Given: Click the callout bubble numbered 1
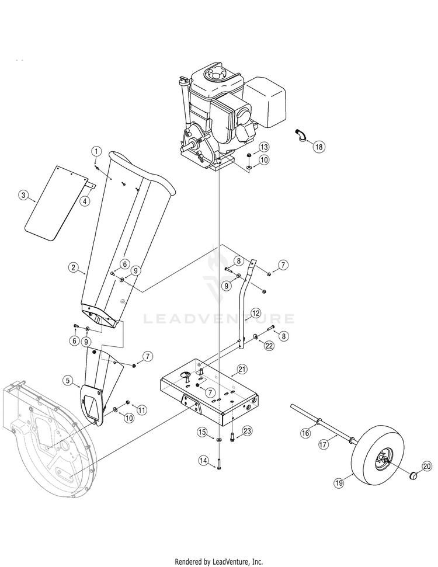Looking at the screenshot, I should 96,151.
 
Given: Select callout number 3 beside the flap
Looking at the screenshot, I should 23,195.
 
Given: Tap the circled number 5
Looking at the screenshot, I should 68,381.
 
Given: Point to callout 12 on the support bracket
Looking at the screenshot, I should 255,313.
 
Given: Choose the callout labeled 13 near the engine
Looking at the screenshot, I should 264,147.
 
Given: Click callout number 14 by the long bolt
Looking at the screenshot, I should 203,460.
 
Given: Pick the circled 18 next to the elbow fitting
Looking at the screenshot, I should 318,147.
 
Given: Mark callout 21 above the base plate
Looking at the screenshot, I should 242,369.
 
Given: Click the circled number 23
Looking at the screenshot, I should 247,431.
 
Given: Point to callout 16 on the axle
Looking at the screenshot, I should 305,433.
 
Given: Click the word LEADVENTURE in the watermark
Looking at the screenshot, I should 219,319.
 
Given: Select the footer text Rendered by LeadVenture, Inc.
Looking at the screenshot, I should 220,562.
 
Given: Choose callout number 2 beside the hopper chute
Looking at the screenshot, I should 73,267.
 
